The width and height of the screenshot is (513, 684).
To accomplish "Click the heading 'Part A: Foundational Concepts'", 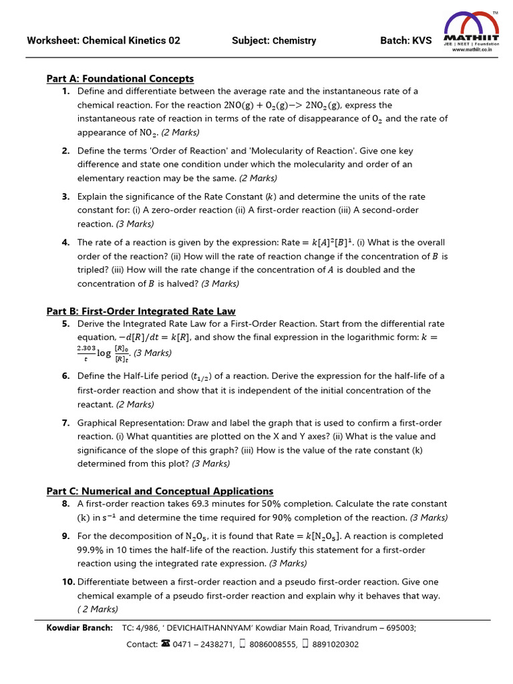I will coord(120,79).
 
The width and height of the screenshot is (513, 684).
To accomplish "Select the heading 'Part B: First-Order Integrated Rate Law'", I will coord(141,311).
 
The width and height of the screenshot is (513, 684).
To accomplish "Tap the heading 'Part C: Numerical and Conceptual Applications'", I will coord(160,491).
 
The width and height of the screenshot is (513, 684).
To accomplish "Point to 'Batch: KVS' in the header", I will coord(405,41).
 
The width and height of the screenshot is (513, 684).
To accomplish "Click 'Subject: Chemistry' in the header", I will coord(274,41).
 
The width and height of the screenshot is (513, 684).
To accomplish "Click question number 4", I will coord(66,242).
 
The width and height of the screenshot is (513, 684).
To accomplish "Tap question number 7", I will coord(66,423).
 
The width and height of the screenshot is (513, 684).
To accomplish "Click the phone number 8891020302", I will coord(335,645).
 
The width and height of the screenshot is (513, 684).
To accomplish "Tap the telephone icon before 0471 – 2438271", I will coord(165,644).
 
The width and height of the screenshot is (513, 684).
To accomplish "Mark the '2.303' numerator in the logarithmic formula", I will coord(87,348).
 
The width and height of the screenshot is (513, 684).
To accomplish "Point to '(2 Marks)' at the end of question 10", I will coord(98,609).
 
